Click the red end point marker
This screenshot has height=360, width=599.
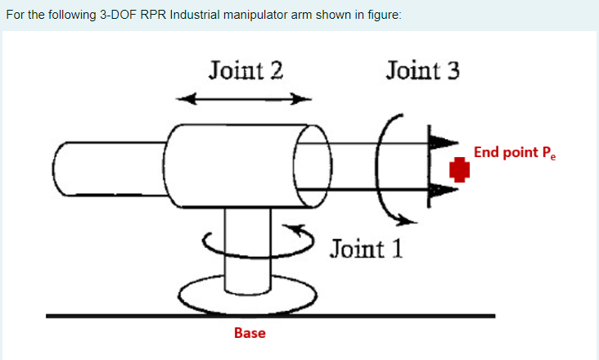tap(461, 169)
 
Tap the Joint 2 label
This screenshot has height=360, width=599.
tap(245, 70)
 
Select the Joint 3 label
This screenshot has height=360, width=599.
tap(422, 70)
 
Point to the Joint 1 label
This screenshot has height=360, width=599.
tap(367, 248)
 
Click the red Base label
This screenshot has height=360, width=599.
tap(250, 333)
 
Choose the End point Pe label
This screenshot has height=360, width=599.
tap(514, 153)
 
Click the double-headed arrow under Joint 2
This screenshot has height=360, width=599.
tap(245, 100)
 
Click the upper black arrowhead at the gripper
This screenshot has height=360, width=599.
tap(441, 141)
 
